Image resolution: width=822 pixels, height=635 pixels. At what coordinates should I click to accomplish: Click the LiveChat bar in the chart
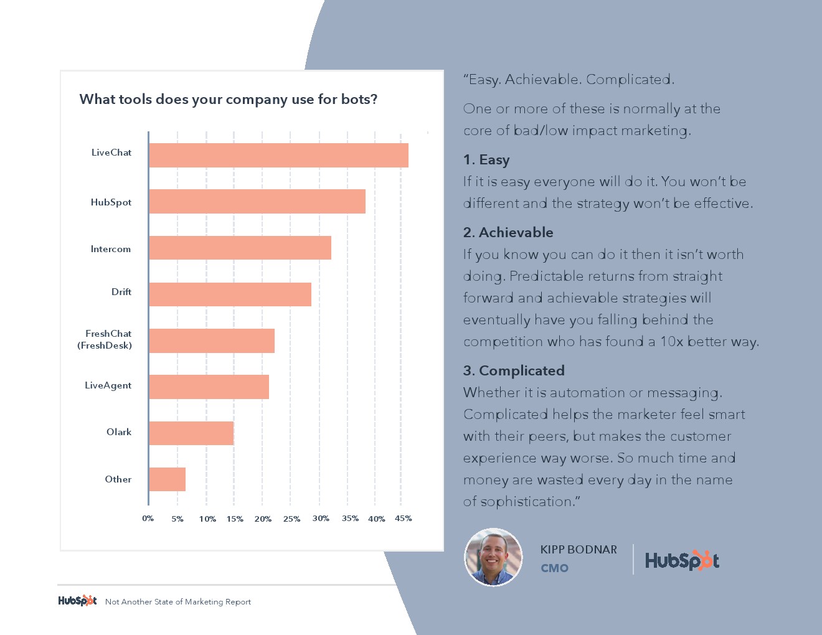tap(278, 155)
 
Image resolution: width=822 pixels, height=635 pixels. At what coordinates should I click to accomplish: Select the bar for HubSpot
tap(257, 202)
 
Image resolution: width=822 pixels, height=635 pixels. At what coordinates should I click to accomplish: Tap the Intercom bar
tap(240, 248)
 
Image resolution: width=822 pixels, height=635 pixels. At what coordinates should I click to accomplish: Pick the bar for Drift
tap(230, 294)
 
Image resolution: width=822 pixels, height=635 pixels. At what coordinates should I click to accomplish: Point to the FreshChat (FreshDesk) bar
tap(212, 341)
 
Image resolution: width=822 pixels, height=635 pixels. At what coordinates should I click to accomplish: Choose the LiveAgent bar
tap(209, 387)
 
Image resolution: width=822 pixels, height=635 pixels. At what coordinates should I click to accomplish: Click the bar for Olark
tap(191, 433)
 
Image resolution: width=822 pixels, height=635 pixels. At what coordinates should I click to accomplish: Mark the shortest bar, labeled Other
tap(167, 479)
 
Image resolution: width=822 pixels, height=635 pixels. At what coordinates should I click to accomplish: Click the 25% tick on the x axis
tap(291, 519)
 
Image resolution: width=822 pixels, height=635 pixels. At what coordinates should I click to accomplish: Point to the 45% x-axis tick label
tap(403, 519)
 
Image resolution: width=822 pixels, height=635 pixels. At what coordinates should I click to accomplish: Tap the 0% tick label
tap(148, 519)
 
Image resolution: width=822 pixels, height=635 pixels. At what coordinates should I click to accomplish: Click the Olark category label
tap(119, 432)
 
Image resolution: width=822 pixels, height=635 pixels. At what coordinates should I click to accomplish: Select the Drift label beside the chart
tap(121, 292)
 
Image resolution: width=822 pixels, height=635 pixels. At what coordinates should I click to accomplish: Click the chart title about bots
tap(228, 100)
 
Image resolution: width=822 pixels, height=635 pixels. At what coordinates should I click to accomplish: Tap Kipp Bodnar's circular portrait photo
tap(493, 557)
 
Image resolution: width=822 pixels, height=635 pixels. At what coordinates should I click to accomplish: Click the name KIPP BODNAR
tap(579, 550)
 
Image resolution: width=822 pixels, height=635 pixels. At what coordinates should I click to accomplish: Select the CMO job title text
tap(554, 568)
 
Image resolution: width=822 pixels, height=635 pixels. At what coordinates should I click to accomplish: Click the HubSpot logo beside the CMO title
tap(682, 560)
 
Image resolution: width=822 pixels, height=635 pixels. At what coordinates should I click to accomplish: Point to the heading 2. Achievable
tap(508, 232)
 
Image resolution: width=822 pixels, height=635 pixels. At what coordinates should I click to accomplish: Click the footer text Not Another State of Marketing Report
tap(178, 602)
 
